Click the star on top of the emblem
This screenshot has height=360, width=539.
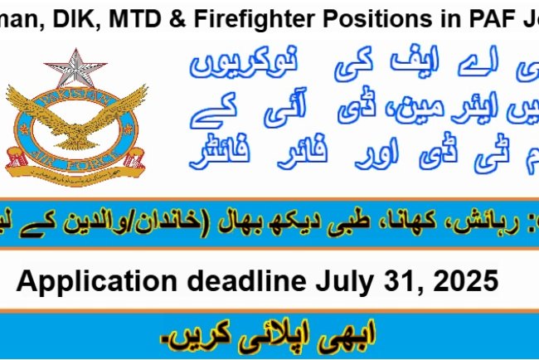(x=75, y=68)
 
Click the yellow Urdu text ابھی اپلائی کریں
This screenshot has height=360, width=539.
(x=269, y=338)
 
